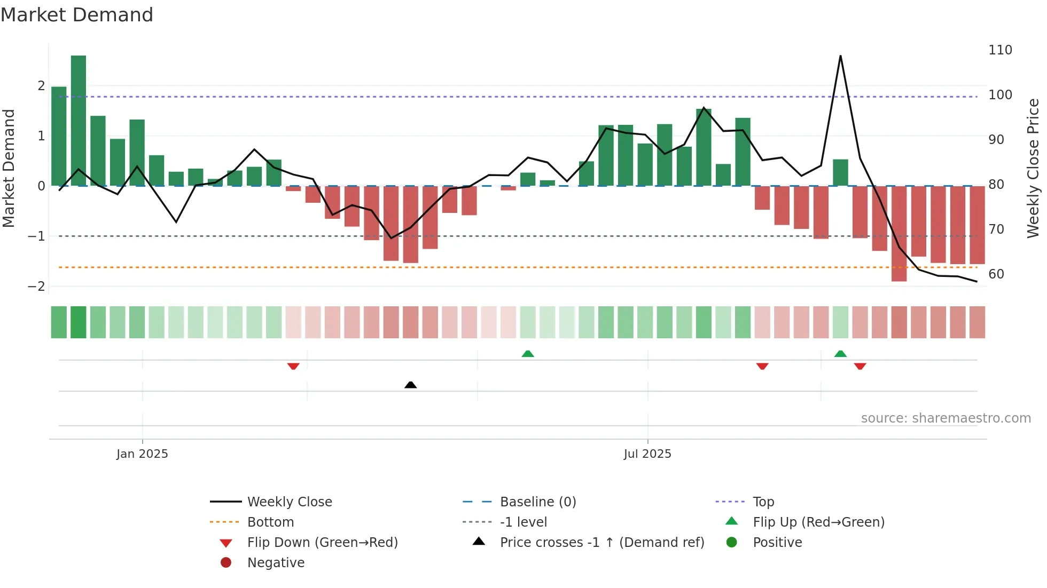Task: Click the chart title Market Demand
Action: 77,15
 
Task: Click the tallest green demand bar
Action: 79,120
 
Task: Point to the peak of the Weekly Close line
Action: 840,56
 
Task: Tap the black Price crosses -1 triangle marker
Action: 410,385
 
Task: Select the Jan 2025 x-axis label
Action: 142,454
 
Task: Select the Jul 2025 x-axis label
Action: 647,454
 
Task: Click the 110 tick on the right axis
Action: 1000,50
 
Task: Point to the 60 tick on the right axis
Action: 996,274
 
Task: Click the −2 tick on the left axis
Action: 36,287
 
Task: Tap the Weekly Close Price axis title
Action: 1033,168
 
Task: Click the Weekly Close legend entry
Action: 289,502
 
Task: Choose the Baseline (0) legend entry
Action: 537,502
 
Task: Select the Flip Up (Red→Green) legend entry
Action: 818,522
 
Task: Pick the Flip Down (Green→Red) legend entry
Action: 322,543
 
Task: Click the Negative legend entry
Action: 276,563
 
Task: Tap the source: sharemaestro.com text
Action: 946,418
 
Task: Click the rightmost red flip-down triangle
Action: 860,366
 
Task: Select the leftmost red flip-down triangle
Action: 293,366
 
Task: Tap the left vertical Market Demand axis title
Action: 9,168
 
